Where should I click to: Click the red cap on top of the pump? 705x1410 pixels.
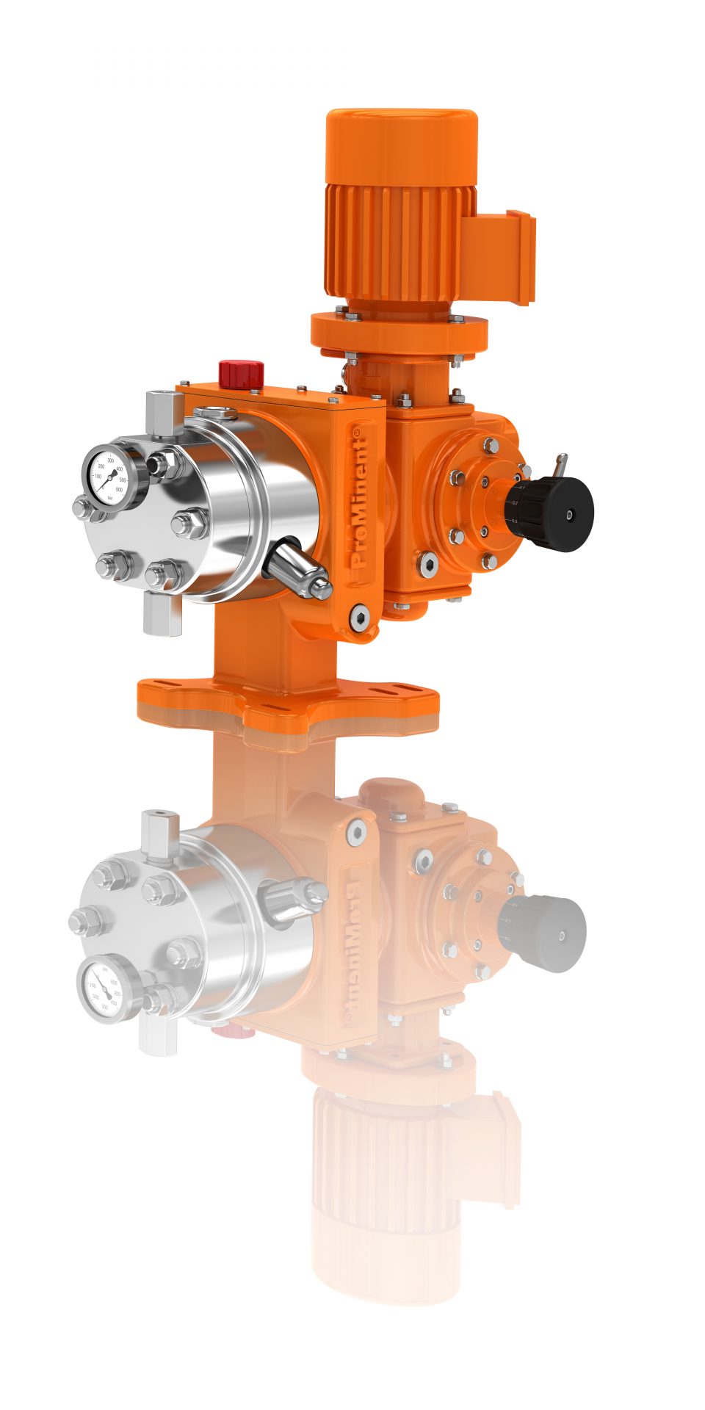coord(241,372)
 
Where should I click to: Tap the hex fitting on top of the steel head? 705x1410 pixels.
coord(163,413)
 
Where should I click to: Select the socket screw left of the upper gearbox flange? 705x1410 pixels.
coord(429,563)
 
